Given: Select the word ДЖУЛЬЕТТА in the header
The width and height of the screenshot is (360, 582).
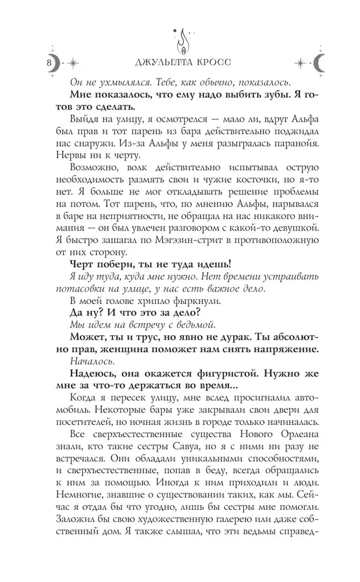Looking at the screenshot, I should (151, 62).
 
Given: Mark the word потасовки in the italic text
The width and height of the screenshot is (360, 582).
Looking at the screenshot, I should (98, 287).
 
